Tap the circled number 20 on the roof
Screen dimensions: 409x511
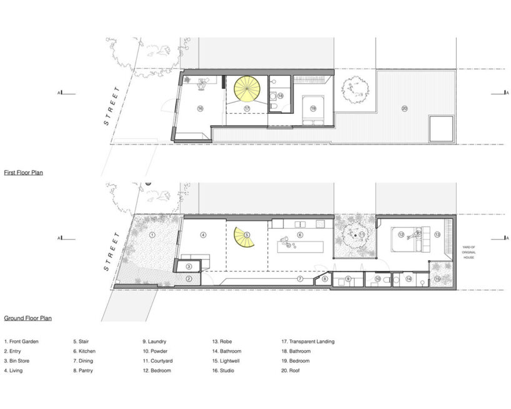[404, 109]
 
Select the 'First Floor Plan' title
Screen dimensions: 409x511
[23, 172]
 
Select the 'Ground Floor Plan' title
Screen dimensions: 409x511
[27, 318]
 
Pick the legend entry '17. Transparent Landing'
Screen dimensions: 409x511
[308, 341]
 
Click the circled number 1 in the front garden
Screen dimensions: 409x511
[152, 235]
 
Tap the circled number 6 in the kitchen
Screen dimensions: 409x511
[300, 235]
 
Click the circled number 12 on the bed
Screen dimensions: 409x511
[402, 235]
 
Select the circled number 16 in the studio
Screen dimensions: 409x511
[200, 108]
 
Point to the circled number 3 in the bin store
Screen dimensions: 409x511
[189, 266]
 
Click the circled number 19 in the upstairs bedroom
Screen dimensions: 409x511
[312, 108]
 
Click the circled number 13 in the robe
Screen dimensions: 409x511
[437, 235]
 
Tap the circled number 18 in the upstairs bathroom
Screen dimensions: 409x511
[280, 96]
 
